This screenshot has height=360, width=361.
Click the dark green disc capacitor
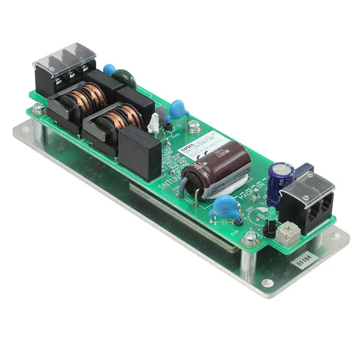(x=126, y=79)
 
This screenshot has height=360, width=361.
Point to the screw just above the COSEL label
(x=193, y=126)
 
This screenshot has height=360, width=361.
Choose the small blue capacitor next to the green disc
(x=109, y=70)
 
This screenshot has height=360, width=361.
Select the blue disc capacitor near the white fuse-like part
(x=179, y=109)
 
